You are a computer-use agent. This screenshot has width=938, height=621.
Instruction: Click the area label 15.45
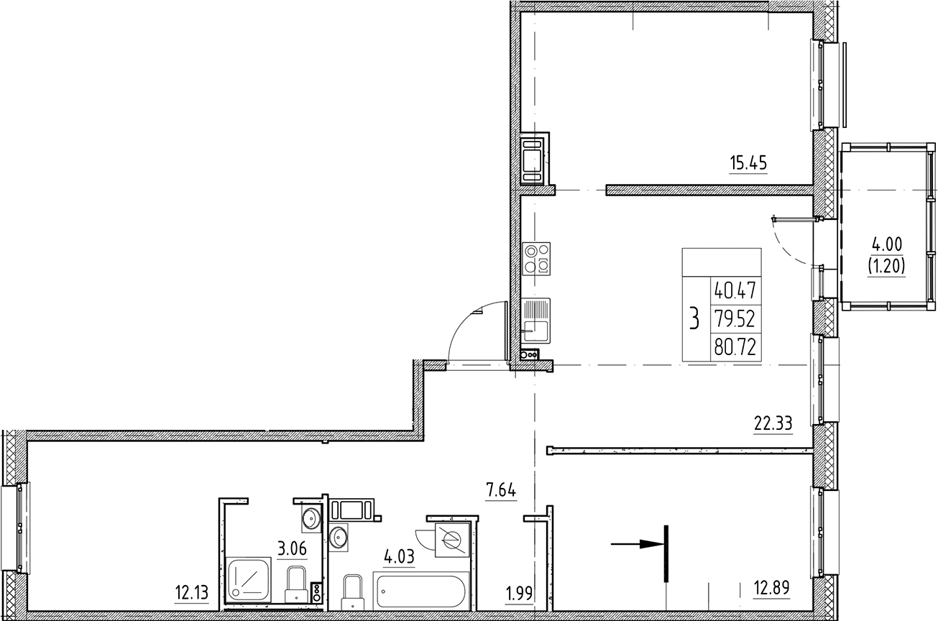click(x=748, y=163)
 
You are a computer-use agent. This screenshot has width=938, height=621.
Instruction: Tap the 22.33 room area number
click(x=773, y=424)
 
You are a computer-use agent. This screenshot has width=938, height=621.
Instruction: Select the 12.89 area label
click(x=771, y=589)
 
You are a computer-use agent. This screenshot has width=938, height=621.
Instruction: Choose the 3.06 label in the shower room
click(x=292, y=550)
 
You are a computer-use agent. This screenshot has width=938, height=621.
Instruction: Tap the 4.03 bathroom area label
click(x=400, y=558)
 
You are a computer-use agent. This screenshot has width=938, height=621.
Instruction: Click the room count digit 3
click(x=694, y=318)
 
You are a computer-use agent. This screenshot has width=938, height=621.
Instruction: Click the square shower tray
click(x=249, y=579)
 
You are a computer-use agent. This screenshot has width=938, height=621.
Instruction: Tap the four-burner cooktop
click(x=537, y=258)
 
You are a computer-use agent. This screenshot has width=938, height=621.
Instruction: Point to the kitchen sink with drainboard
click(x=536, y=320)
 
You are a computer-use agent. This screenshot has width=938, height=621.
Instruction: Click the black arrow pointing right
click(x=636, y=545)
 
